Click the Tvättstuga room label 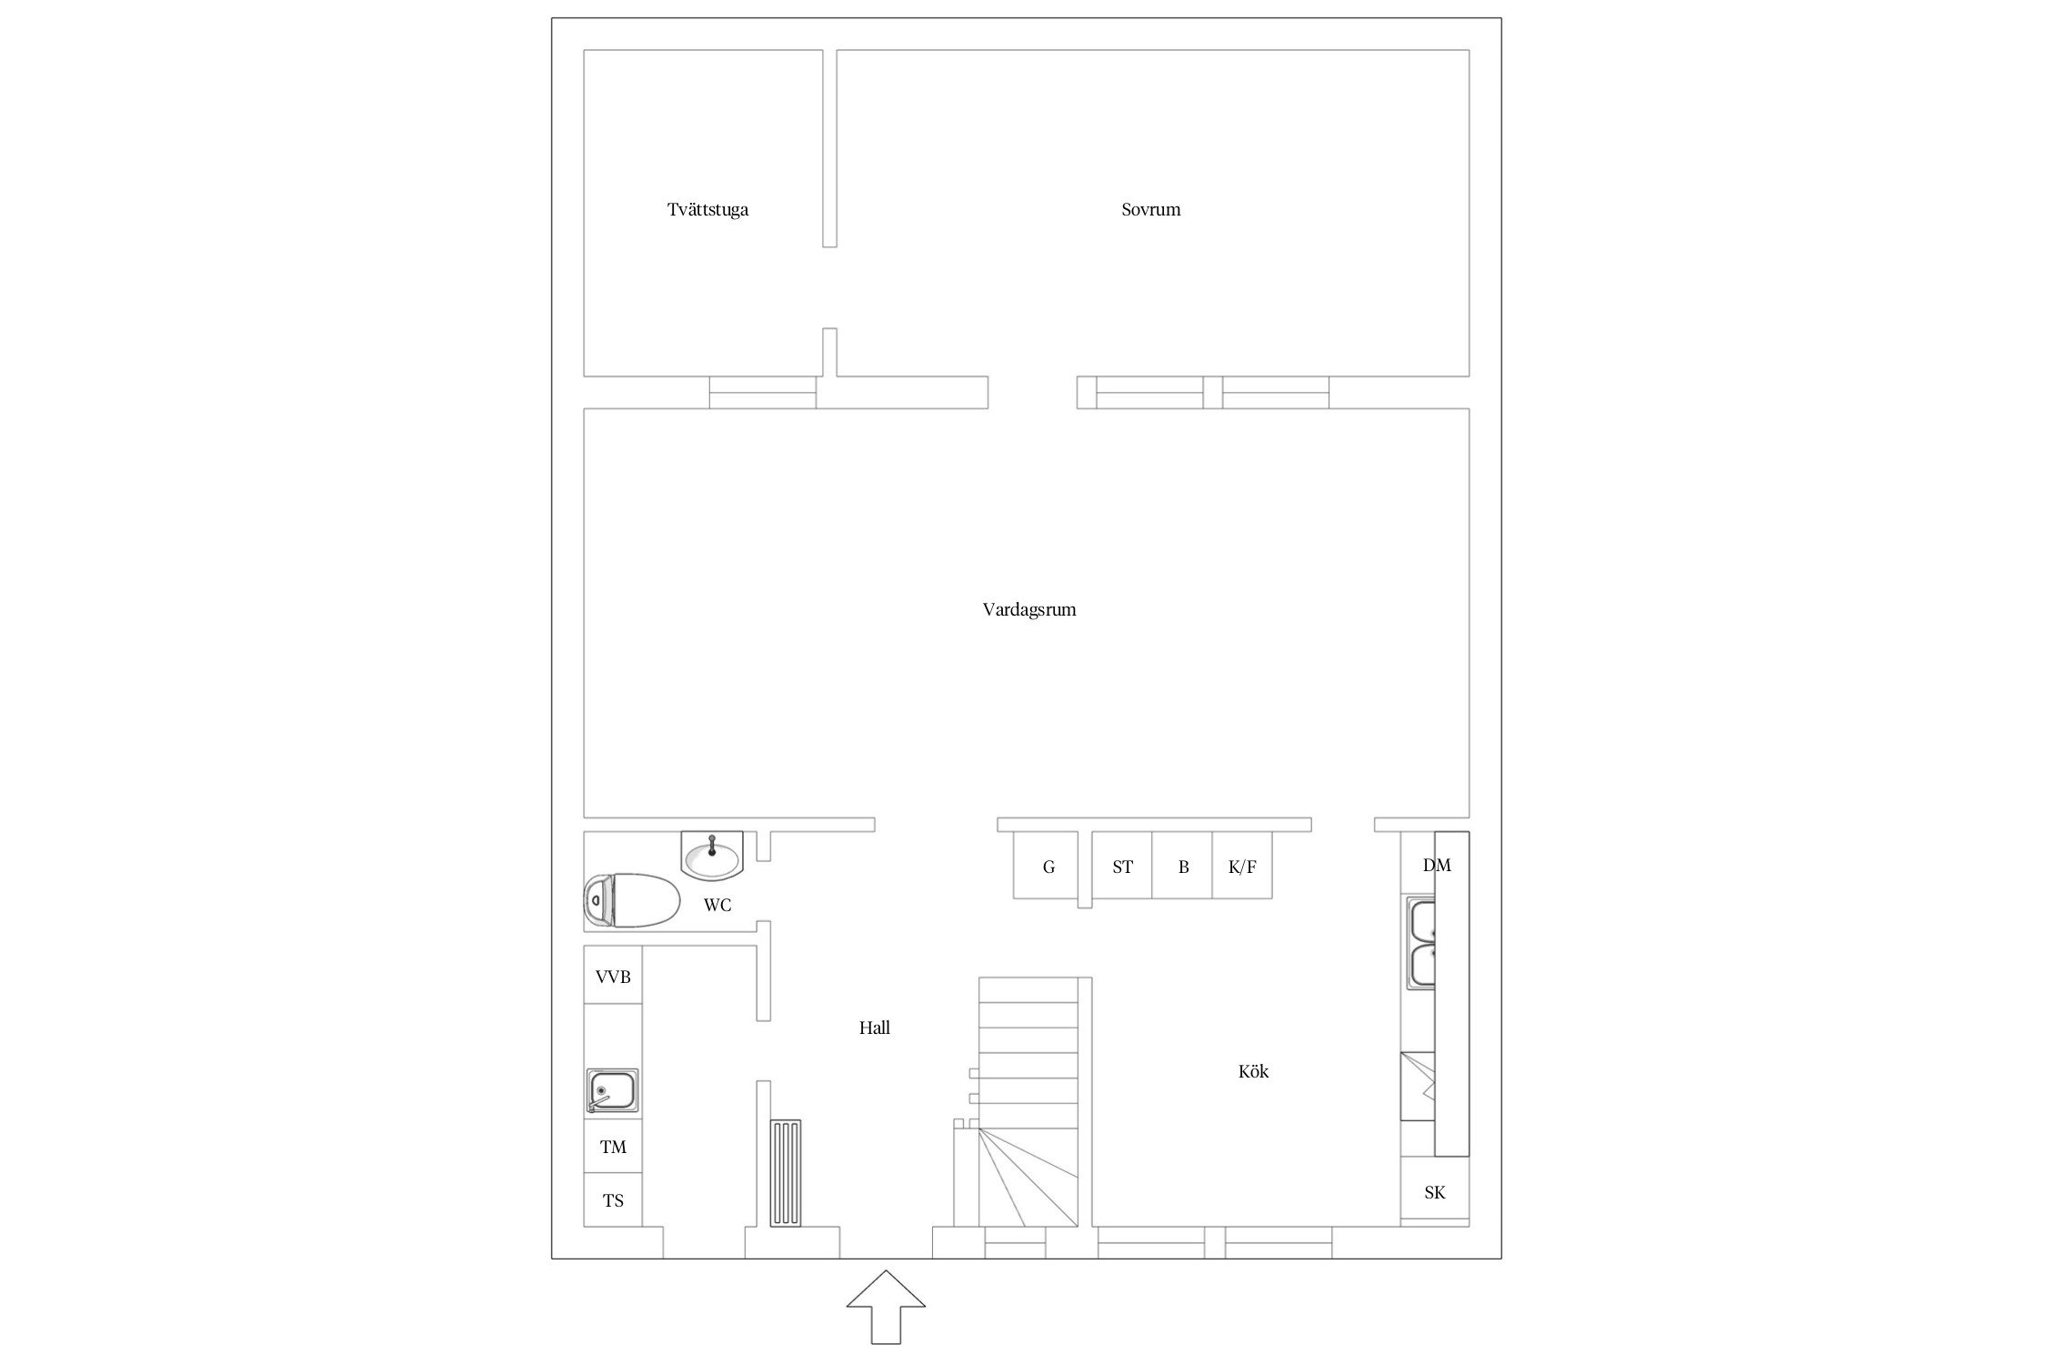[x=707, y=210]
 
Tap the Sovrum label [x=1150, y=209]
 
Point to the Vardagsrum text [x=1029, y=610]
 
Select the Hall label [x=875, y=1028]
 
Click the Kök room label [x=1253, y=1071]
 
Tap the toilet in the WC [x=631, y=900]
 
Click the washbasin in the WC [x=712, y=856]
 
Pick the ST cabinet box [x=1122, y=865]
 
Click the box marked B [x=1183, y=865]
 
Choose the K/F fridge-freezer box [x=1242, y=865]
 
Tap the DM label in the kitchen [x=1437, y=865]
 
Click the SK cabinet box [x=1435, y=1191]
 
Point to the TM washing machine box [x=613, y=1147]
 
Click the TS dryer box [x=613, y=1200]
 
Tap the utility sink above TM [x=613, y=1091]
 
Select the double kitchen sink [x=1421, y=943]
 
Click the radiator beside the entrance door [x=786, y=1173]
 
